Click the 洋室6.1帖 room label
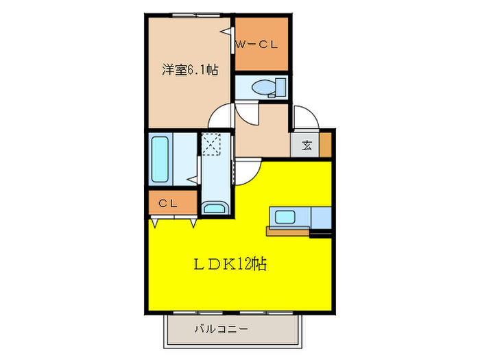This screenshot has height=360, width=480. coord(191,69)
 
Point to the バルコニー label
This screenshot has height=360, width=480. coord(221,329)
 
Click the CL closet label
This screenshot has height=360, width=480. coord(168,203)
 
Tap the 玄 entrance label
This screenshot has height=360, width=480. coord(307,145)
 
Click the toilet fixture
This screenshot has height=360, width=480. coord(264,87)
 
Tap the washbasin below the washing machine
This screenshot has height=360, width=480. coord(217,208)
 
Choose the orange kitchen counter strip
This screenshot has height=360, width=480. coord(288,232)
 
